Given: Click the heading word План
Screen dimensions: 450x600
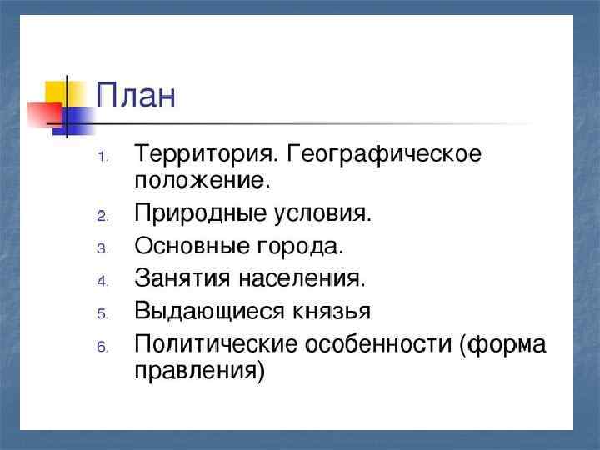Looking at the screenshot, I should [x=136, y=94].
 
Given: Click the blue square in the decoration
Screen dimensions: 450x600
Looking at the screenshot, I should [x=77, y=121].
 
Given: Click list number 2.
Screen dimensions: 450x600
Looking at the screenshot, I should [x=102, y=217].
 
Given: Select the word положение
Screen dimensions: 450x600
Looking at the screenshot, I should [x=200, y=180].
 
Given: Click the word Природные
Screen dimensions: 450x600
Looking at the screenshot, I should [x=201, y=213].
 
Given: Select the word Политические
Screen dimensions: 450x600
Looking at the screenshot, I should [x=217, y=343].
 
